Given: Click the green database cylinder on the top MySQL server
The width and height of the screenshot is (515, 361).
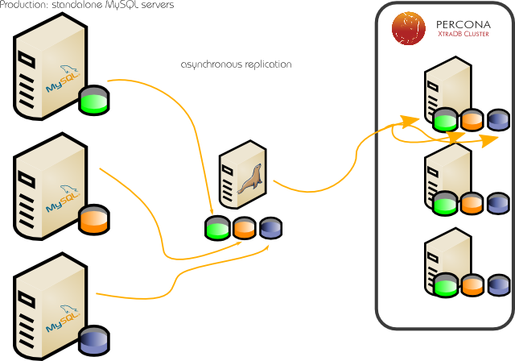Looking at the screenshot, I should click(x=93, y=102).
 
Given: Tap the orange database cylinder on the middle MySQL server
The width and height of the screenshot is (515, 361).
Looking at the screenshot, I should click(x=93, y=219).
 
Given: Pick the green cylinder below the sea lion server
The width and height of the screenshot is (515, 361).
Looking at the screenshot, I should click(x=217, y=228).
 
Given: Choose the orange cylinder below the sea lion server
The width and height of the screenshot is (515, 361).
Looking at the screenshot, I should click(x=244, y=228).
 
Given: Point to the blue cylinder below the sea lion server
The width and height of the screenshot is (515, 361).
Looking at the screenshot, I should click(x=270, y=228).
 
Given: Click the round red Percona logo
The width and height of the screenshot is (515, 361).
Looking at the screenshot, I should click(x=409, y=27).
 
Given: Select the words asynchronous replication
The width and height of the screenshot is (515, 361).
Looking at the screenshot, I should click(x=236, y=64).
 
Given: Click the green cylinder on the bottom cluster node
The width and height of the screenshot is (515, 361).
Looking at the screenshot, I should click(x=444, y=284).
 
